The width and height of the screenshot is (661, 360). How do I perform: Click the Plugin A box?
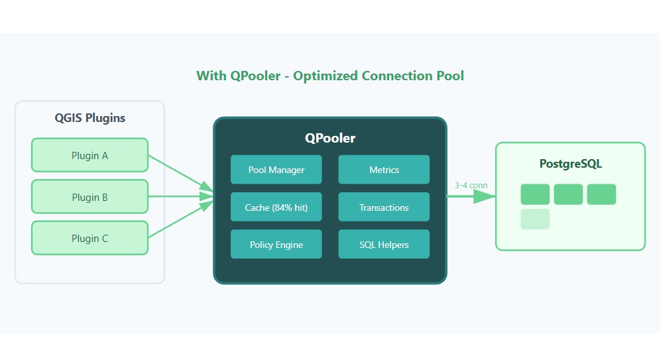90,155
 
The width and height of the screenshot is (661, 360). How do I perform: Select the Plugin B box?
90,197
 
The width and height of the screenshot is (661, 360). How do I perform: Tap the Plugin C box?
90,238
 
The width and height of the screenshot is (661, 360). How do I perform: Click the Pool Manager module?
276,170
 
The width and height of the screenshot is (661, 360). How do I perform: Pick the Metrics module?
384,170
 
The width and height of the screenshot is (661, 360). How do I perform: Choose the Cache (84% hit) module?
276,208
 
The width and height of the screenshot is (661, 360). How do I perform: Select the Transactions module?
384,208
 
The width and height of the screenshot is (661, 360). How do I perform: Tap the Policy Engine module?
276,245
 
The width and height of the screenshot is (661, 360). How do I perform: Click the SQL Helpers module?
384,245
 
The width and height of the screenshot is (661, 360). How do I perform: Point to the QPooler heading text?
330,138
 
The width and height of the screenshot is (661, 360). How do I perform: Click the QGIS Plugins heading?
90,118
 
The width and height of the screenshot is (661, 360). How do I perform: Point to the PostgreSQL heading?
570,163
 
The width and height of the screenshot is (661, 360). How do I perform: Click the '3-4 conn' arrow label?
471,186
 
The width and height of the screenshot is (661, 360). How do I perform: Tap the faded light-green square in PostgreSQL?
535,219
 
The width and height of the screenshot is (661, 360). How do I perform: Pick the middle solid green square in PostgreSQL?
568,194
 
